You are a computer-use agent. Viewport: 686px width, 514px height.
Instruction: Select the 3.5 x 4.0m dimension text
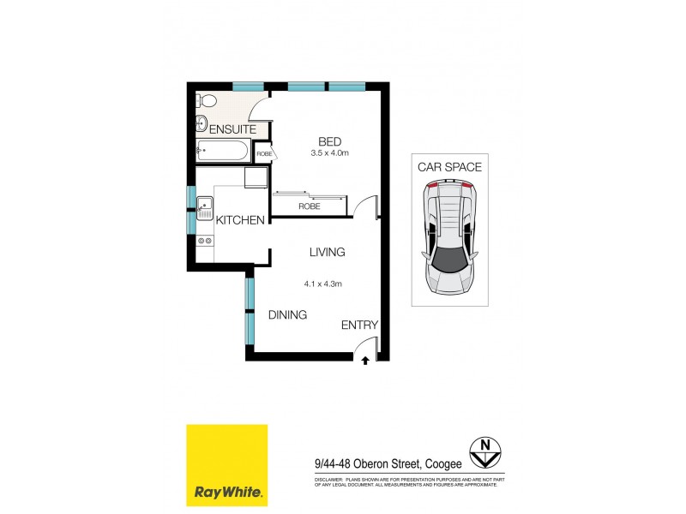tap(329, 153)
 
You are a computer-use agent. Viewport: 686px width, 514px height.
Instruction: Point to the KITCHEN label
tap(239, 220)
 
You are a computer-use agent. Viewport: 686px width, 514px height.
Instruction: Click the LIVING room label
tap(327, 252)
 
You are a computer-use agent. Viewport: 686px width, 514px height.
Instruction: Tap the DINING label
tap(287, 314)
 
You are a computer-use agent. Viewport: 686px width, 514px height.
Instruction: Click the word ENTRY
tap(359, 325)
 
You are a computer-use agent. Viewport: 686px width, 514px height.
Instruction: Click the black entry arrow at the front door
tap(366, 361)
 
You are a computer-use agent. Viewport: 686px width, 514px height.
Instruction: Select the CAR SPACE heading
tap(449, 167)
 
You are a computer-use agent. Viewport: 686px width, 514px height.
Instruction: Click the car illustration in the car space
tap(449, 239)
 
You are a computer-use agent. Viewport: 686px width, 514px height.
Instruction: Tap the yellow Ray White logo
tap(227, 464)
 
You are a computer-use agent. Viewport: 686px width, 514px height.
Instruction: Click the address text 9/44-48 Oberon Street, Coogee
tap(388, 463)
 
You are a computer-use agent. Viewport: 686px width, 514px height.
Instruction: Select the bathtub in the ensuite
tap(222, 152)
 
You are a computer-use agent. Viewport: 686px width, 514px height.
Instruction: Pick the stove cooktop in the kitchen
tap(204, 241)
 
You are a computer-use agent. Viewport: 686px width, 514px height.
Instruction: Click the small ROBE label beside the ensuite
tap(263, 154)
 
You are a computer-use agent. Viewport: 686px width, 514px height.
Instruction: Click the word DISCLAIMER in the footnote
tap(330, 479)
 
